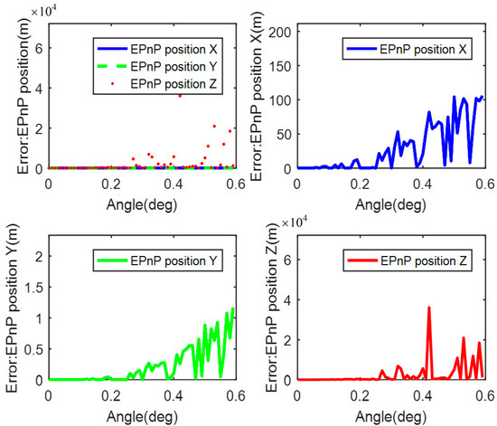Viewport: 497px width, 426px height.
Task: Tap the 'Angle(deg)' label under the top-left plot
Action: tap(141, 200)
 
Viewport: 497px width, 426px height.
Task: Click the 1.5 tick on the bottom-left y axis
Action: tap(33, 288)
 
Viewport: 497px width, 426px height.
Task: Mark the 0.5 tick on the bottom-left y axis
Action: tap(33, 349)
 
